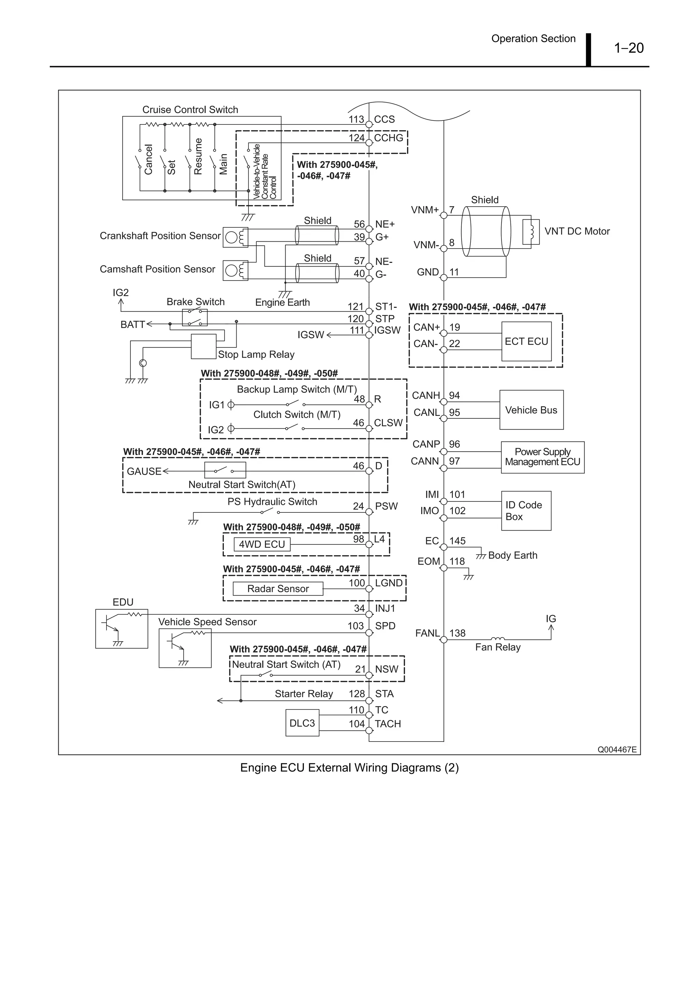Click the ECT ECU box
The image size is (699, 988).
click(x=526, y=341)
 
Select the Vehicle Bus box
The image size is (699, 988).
click(x=531, y=410)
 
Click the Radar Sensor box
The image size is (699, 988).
click(x=278, y=589)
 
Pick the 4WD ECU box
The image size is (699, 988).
click(x=262, y=544)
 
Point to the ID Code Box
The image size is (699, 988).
click(x=526, y=511)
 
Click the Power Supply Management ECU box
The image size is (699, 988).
click(x=542, y=457)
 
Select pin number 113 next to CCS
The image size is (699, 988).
click(x=356, y=119)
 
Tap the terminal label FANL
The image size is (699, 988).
click(x=427, y=633)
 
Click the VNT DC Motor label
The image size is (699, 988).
click(x=577, y=231)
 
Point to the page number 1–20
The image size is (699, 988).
click(x=628, y=48)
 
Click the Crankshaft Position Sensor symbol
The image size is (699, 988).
click(x=235, y=237)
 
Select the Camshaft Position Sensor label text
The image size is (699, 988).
click(x=157, y=269)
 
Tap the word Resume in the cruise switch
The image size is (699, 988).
click(x=198, y=156)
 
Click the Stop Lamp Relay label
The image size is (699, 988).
click(x=256, y=355)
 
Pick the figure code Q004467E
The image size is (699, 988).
click(x=617, y=750)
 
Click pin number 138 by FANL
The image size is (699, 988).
click(x=457, y=633)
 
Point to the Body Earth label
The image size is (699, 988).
click(x=513, y=555)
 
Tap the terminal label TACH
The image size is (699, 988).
click(x=388, y=724)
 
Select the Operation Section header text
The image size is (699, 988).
click(x=533, y=39)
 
